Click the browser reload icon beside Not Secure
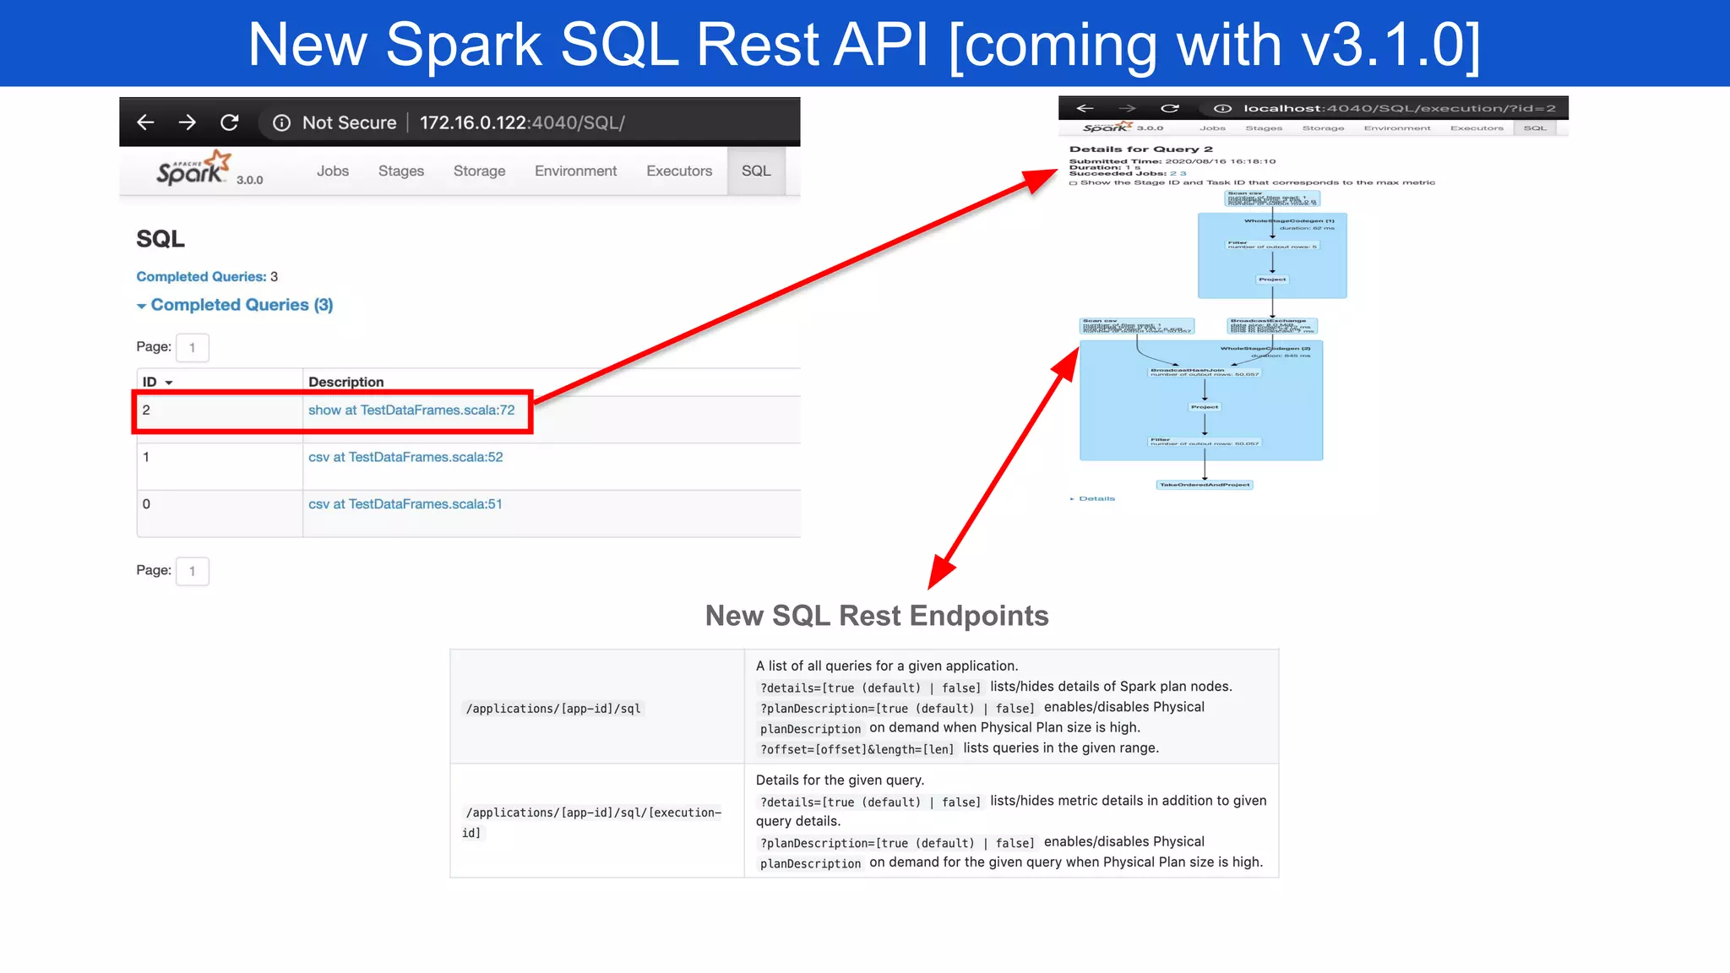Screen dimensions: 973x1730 [x=229, y=122]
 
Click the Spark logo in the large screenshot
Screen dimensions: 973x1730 [x=193, y=169]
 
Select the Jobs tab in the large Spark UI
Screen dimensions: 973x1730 [x=333, y=171]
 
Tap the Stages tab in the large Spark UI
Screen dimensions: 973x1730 [x=400, y=171]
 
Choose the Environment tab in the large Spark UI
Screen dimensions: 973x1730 [x=575, y=171]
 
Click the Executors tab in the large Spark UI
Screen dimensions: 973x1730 [x=679, y=171]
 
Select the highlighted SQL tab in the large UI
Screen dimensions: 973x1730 [x=756, y=171]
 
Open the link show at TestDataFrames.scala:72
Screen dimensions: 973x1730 [x=411, y=410]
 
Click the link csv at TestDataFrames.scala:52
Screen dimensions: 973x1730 [x=405, y=457]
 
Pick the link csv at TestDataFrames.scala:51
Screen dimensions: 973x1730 [x=405, y=504]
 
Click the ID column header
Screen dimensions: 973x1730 [x=157, y=382]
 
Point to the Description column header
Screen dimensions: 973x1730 [x=345, y=382]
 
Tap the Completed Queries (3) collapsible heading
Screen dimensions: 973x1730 [x=241, y=305]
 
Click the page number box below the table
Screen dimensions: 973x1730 [x=193, y=571]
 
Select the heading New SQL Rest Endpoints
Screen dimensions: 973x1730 [x=877, y=616]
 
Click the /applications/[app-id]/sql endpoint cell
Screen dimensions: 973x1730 [x=553, y=709]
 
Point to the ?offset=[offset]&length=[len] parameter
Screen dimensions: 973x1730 [x=857, y=749]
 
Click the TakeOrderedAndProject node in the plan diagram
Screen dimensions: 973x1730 [x=1205, y=485]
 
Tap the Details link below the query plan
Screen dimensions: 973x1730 [x=1096, y=498]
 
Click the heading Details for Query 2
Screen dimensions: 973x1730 [x=1140, y=149]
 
